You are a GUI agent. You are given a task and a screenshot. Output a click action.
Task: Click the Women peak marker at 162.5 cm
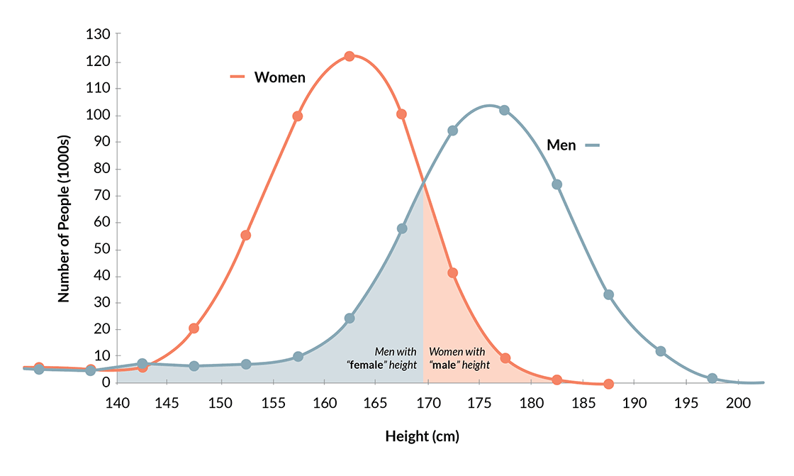pyautogui.click(x=349, y=56)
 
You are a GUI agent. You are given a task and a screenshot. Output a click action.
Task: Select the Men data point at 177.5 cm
pyautogui.click(x=504, y=110)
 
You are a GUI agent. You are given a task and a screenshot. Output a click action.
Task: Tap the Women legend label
pyautogui.click(x=279, y=77)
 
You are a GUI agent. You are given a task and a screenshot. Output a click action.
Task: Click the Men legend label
pyautogui.click(x=561, y=145)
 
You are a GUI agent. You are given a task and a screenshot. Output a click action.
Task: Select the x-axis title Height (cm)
pyautogui.click(x=423, y=436)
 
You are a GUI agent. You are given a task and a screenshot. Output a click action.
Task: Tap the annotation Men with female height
pyautogui.click(x=382, y=359)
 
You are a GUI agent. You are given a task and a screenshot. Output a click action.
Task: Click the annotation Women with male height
pyautogui.click(x=459, y=359)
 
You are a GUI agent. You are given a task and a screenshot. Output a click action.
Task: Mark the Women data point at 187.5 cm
pyautogui.click(x=608, y=384)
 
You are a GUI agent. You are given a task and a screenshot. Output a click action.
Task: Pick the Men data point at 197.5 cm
pyautogui.click(x=712, y=378)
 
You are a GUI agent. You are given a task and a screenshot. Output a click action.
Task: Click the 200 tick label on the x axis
pyautogui.click(x=737, y=402)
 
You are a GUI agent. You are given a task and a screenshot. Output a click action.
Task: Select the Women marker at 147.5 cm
pyautogui.click(x=194, y=328)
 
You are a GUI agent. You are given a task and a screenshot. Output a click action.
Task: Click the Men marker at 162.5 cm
pyautogui.click(x=349, y=318)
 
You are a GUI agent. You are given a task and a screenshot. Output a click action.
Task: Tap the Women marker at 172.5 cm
pyautogui.click(x=452, y=273)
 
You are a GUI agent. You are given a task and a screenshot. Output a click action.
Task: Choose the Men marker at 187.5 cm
pyautogui.click(x=608, y=294)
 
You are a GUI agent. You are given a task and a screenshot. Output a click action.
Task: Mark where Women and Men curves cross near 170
pyautogui.click(x=424, y=184)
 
